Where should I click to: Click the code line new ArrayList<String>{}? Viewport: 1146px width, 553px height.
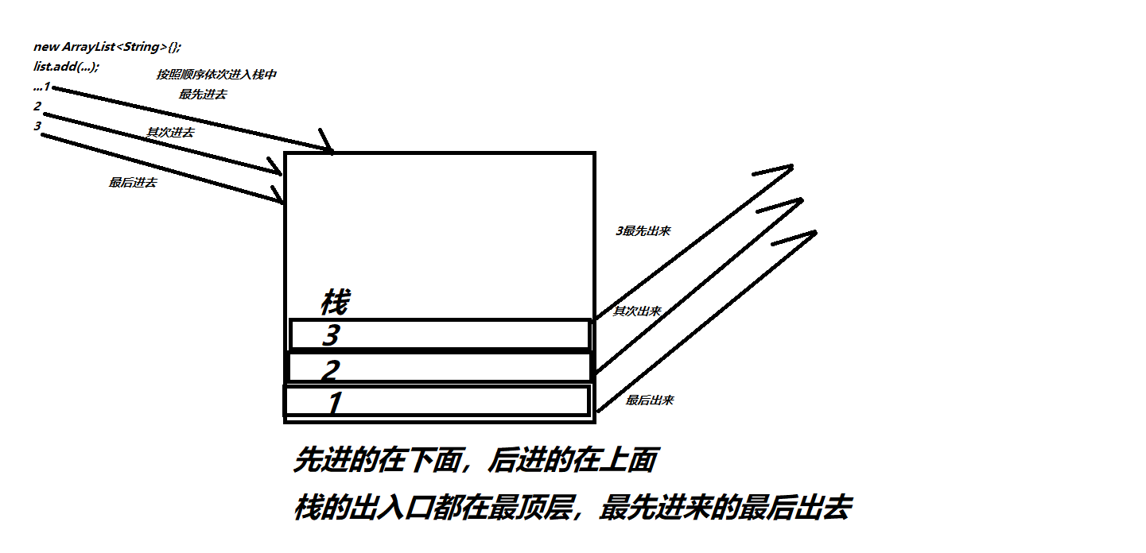pyautogui.click(x=107, y=47)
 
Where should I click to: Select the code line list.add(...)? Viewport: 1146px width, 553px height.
pyautogui.click(x=67, y=67)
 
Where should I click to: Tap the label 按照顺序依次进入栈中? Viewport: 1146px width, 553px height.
pyautogui.click(x=216, y=75)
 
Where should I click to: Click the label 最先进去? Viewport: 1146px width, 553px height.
pyautogui.click(x=203, y=94)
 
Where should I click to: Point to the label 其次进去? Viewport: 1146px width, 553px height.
pyautogui.click(x=170, y=133)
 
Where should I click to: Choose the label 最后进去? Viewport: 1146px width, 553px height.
pyautogui.click(x=133, y=183)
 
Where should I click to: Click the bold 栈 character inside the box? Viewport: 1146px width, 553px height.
pyautogui.click(x=336, y=302)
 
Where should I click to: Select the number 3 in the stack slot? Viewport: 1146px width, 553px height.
pyautogui.click(x=331, y=335)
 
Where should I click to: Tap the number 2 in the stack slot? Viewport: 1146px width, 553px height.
pyautogui.click(x=331, y=370)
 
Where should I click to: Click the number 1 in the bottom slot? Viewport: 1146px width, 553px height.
pyautogui.click(x=335, y=403)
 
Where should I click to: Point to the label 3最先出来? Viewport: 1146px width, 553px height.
pyautogui.click(x=643, y=231)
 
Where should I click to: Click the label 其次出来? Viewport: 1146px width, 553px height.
pyautogui.click(x=637, y=311)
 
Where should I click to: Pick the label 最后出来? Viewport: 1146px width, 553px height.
pyautogui.click(x=649, y=400)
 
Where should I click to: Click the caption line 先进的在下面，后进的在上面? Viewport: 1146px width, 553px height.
pyautogui.click(x=476, y=460)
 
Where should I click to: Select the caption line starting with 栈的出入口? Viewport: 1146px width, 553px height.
pyautogui.click(x=573, y=508)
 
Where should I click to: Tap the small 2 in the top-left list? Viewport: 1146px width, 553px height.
pyautogui.click(x=37, y=106)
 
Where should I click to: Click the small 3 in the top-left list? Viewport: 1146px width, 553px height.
pyautogui.click(x=37, y=126)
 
